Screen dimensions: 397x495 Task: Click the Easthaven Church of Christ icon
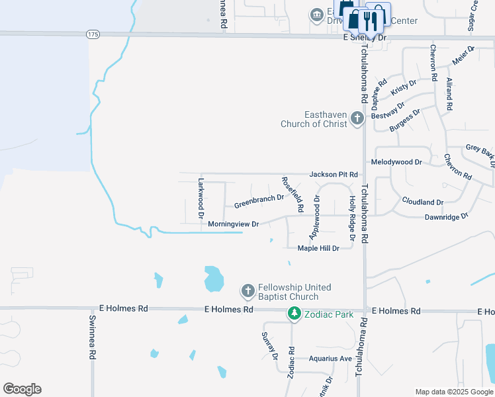(357, 118)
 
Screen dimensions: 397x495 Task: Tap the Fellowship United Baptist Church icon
(247, 290)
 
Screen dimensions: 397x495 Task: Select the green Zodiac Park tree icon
(293, 314)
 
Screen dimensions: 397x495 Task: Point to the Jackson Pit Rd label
(334, 174)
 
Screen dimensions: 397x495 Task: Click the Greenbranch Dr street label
(259, 201)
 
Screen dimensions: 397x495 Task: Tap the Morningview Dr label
(233, 224)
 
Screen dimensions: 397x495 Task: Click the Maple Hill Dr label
(318, 248)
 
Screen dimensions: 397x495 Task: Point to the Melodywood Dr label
(396, 161)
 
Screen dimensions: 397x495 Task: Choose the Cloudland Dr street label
(422, 201)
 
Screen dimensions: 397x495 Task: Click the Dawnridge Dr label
(446, 216)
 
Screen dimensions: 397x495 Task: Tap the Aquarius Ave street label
(330, 359)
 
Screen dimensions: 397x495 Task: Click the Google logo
(22, 389)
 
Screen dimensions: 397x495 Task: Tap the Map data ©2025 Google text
(453, 392)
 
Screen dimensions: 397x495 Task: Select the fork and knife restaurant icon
(375, 19)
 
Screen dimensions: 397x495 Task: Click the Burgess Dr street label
(404, 121)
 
